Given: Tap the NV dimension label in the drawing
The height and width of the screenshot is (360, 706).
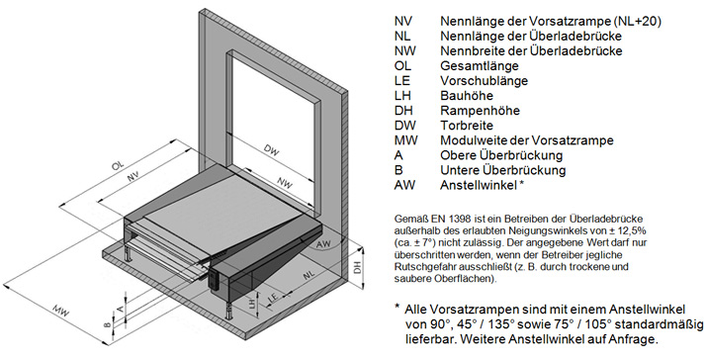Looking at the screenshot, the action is click(132, 176).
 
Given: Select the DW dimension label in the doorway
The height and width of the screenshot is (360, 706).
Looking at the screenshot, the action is click(272, 150).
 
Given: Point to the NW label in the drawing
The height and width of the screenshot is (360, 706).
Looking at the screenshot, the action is click(285, 183).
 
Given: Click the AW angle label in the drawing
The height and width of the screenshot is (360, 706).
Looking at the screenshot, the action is click(323, 243).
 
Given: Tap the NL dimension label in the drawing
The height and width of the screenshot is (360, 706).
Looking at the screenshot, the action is click(309, 274).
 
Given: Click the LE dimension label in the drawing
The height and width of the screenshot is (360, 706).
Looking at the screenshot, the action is click(273, 298).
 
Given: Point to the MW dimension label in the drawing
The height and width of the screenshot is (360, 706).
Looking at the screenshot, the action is click(59, 312).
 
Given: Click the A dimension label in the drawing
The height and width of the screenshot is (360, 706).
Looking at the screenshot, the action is click(120, 308).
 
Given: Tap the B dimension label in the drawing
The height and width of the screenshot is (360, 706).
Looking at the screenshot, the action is click(107, 324).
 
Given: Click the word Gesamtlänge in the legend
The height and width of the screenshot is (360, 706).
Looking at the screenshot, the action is click(480, 66).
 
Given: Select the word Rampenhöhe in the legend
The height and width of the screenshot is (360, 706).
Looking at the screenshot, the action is click(480, 111).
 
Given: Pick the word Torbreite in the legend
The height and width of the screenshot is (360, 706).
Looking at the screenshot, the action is click(467, 126).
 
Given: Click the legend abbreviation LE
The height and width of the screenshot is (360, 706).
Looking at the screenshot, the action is click(402, 81).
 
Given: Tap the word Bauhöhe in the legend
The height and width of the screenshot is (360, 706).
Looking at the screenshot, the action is click(467, 96).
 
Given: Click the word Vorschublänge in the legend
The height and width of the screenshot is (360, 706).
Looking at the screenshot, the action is click(485, 81).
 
